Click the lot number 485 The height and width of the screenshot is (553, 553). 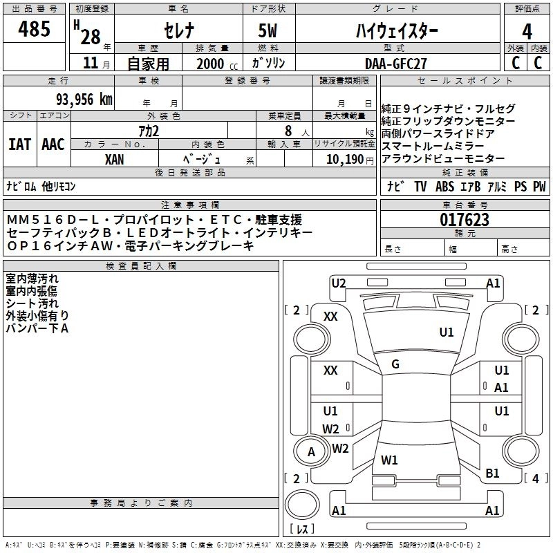[x=35, y=30]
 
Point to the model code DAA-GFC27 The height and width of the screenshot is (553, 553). [x=395, y=63]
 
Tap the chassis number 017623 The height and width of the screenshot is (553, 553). [x=465, y=221]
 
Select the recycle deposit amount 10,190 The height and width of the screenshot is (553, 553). [x=340, y=159]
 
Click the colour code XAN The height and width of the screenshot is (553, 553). [x=115, y=159]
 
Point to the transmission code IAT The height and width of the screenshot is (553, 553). [x=19, y=144]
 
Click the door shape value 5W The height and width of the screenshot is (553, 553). [x=268, y=31]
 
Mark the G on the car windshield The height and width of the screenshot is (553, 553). [x=395, y=364]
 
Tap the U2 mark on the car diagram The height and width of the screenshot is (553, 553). [x=339, y=283]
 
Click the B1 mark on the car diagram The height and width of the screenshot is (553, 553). [x=492, y=473]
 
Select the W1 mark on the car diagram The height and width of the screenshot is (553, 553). [x=390, y=460]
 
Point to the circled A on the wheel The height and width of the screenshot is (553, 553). [x=311, y=452]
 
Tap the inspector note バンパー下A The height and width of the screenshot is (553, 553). [x=37, y=328]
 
